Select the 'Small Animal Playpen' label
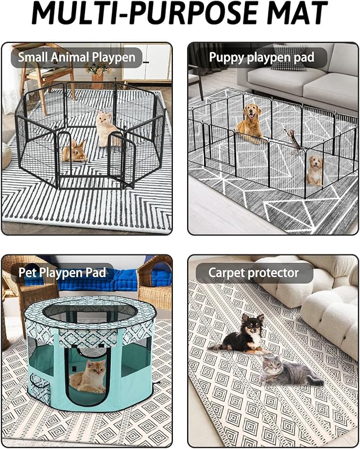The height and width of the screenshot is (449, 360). [76, 57]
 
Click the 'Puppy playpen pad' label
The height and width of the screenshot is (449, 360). [261, 57]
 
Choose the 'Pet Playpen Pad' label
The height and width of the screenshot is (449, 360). [62, 272]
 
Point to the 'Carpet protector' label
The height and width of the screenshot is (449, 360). [253, 272]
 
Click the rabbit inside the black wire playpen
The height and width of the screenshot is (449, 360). [74, 151]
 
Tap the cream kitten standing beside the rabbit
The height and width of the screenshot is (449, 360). [107, 129]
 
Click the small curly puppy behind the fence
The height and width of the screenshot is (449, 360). [314, 170]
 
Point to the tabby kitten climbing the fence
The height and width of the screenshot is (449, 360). [292, 140]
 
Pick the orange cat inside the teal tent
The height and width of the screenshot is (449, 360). [87, 377]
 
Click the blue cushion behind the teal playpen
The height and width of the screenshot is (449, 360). [126, 279]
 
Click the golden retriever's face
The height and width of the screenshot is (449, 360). [252, 112]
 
